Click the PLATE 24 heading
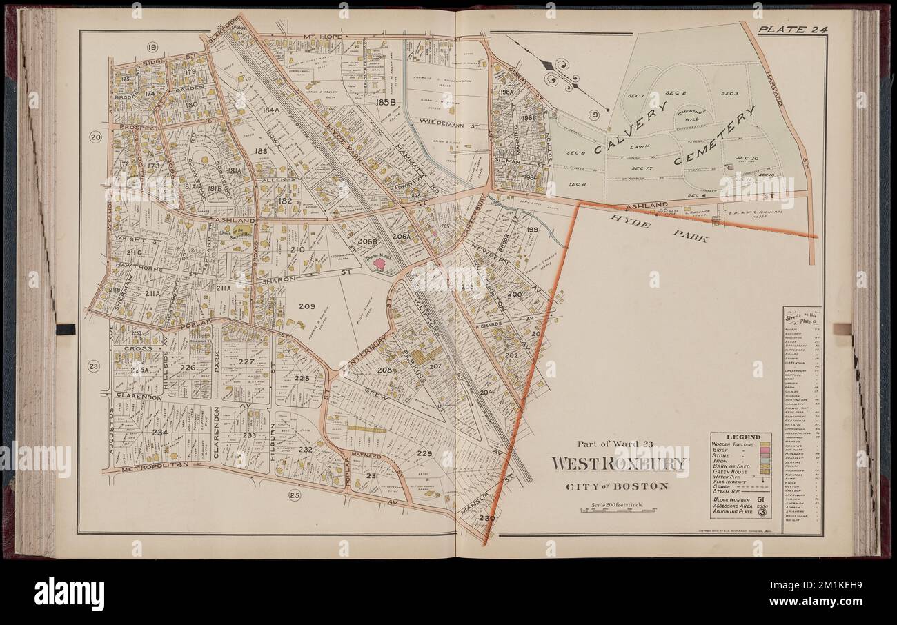[x=792, y=29]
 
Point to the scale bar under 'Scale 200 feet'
[x=618, y=511]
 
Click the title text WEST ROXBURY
[x=619, y=463]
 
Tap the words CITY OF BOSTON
[x=618, y=486]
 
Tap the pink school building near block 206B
[x=379, y=263]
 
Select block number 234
[x=160, y=433]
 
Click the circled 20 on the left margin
[x=95, y=137]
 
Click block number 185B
[x=385, y=102]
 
